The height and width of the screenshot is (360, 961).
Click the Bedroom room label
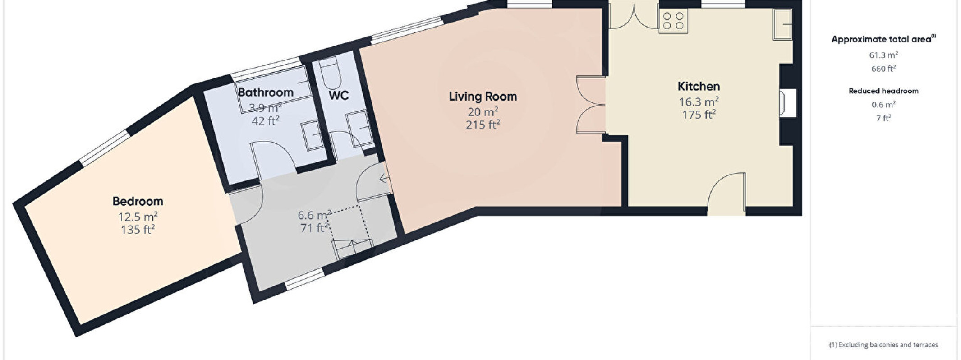138,201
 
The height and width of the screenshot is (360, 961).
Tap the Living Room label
483,97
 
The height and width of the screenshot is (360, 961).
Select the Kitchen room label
699,86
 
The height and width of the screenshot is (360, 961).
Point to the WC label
339,96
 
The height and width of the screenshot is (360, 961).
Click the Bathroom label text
266,92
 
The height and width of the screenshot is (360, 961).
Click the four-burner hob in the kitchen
673,21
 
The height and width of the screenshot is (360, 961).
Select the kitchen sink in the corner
783,24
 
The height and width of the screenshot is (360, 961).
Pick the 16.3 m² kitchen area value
699,102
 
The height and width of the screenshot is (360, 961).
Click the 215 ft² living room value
483,125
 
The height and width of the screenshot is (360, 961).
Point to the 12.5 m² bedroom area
138,217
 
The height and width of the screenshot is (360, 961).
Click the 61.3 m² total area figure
883,55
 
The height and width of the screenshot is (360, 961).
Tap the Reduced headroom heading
883,91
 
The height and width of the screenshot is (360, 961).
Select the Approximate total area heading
883,39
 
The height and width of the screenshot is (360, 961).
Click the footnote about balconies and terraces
883,345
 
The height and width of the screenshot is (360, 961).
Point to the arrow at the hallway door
385,179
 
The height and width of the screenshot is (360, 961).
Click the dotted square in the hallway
349,224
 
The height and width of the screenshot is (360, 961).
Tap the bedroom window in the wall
105,147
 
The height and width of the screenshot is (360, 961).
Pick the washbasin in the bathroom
312,135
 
